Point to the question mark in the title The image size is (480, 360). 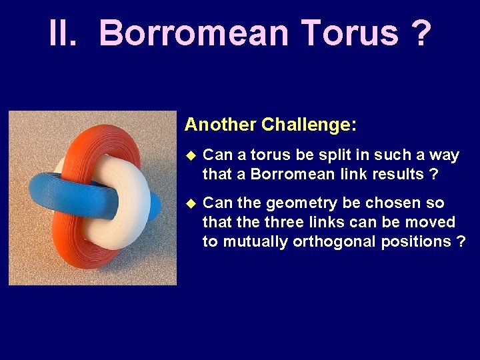pyautogui.click(x=421, y=33)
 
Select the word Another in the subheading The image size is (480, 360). pyautogui.click(x=220, y=125)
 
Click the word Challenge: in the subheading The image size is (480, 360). pyautogui.click(x=309, y=125)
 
